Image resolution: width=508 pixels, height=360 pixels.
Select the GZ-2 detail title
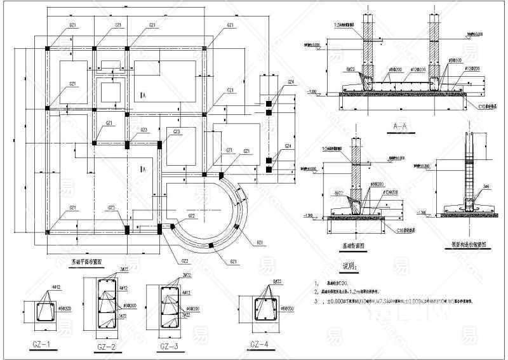[105, 347]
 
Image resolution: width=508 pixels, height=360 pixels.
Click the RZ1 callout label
[260, 243]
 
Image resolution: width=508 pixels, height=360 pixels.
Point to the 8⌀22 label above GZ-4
[276, 281]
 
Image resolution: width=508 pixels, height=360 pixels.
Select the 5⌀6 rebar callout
[485, 186]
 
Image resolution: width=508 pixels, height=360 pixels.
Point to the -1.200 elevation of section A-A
[311, 91]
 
